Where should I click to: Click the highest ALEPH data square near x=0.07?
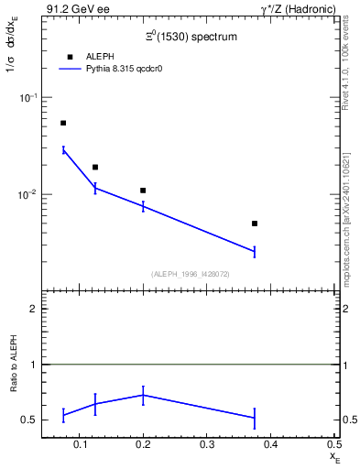tap(63, 123)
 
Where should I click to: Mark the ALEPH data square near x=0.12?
tap(95, 168)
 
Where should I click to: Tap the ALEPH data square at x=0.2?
tap(143, 191)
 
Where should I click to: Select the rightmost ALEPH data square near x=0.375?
tap(255, 224)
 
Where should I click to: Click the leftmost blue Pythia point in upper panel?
tap(63, 149)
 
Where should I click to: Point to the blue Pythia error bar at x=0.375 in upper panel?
tap(255, 251)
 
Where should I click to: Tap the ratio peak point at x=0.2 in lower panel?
tap(143, 395)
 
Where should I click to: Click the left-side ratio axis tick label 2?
tap(34, 309)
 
